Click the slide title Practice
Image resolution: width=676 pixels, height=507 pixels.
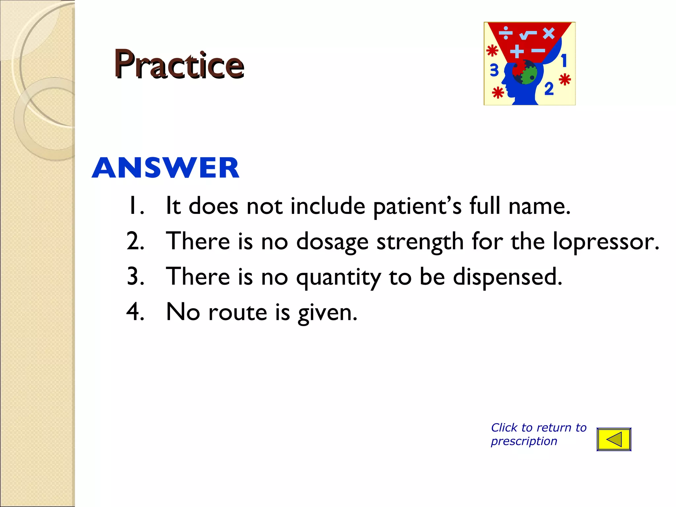(x=179, y=64)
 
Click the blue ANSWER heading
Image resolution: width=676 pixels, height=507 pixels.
(x=165, y=168)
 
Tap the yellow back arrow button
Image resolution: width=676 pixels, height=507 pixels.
(x=614, y=439)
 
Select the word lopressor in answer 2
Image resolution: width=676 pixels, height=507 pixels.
(x=605, y=241)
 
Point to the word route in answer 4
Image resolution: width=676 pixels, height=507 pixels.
(x=237, y=312)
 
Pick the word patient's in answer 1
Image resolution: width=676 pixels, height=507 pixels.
(x=417, y=206)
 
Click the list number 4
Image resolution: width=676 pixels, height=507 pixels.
(x=135, y=312)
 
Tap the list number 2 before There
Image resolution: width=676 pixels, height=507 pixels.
(x=135, y=241)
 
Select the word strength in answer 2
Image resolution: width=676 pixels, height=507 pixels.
(x=420, y=242)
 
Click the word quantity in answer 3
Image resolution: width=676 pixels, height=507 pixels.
(x=338, y=277)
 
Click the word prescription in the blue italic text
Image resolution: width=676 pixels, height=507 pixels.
(x=524, y=441)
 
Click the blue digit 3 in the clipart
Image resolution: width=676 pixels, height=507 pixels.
(x=494, y=70)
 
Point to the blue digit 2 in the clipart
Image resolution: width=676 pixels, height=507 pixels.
(x=549, y=88)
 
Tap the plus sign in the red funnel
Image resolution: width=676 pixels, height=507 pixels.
(x=517, y=51)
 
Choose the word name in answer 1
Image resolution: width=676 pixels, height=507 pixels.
(x=539, y=206)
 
